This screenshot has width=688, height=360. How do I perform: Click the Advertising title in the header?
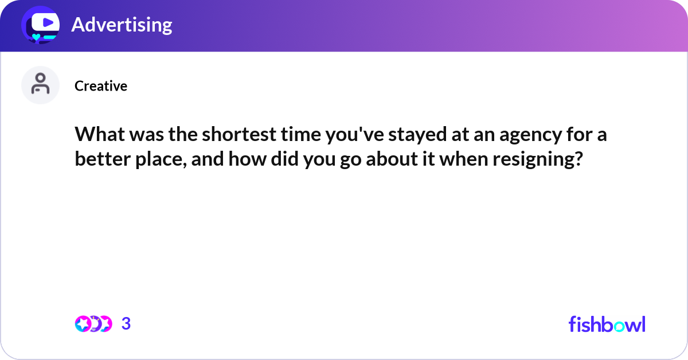pos(122,25)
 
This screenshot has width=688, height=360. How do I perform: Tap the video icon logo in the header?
pos(41,25)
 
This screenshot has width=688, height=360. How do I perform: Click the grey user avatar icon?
pos(41,85)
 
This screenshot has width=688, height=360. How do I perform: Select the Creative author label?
pos(101,86)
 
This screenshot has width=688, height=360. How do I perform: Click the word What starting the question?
pos(97,136)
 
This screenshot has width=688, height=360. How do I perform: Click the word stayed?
pos(411,136)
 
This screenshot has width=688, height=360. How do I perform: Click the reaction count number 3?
pos(126,324)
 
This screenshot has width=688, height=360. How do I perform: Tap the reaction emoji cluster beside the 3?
pos(93,324)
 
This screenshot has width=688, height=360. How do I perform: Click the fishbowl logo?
pos(607,324)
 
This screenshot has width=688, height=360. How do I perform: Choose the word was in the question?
pos(140,136)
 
